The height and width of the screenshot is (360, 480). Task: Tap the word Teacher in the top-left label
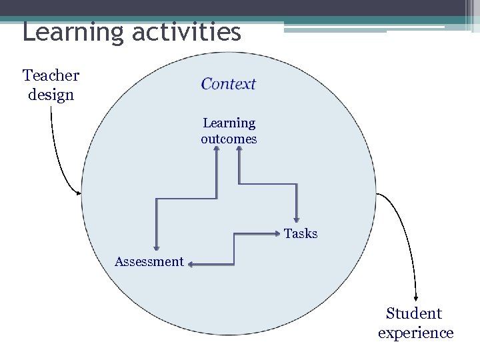pyautogui.click(x=51, y=75)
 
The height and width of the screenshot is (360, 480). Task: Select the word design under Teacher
pyautogui.click(x=51, y=95)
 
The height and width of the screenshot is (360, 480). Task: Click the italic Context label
pyautogui.click(x=229, y=84)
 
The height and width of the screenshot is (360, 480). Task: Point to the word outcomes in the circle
pyautogui.click(x=229, y=139)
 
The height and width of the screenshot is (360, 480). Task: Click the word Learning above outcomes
pyautogui.click(x=229, y=123)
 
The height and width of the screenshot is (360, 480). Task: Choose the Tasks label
pyautogui.click(x=301, y=233)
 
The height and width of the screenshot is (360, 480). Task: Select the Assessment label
pyautogui.click(x=149, y=261)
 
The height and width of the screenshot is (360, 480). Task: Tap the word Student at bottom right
pyautogui.click(x=414, y=313)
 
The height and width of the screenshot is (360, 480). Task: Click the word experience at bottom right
pyautogui.click(x=415, y=333)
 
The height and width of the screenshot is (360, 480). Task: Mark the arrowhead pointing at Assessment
pyautogui.click(x=189, y=265)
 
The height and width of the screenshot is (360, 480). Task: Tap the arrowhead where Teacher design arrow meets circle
pyautogui.click(x=79, y=193)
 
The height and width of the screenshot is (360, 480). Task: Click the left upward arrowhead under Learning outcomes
pyautogui.click(x=217, y=150)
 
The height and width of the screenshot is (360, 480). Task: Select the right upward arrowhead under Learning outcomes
pyautogui.click(x=239, y=150)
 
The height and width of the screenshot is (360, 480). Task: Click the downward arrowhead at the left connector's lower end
pyautogui.click(x=156, y=248)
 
